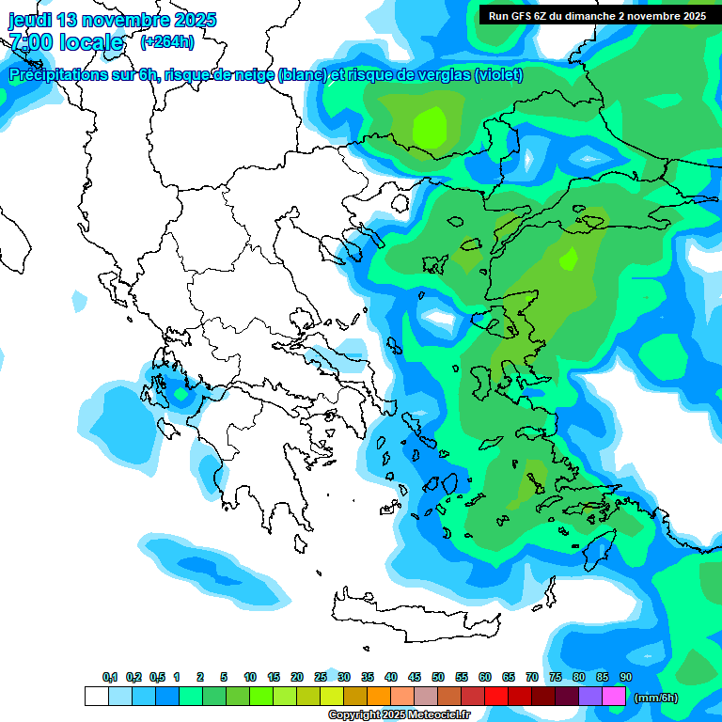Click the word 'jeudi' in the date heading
[x=31, y=20]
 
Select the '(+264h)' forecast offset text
[x=166, y=42]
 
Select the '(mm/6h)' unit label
[x=656, y=698]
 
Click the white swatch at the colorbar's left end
[x=96, y=697]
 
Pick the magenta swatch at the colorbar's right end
[x=614, y=697]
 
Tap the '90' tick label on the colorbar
[x=626, y=677]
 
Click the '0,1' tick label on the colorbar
[x=110, y=677]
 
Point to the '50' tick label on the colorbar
[x=438, y=677]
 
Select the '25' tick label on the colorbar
[x=321, y=677]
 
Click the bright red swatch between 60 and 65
[x=496, y=697]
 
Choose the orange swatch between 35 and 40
[x=379, y=697]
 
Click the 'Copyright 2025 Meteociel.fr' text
[x=399, y=714]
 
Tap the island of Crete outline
[x=414, y=616]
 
